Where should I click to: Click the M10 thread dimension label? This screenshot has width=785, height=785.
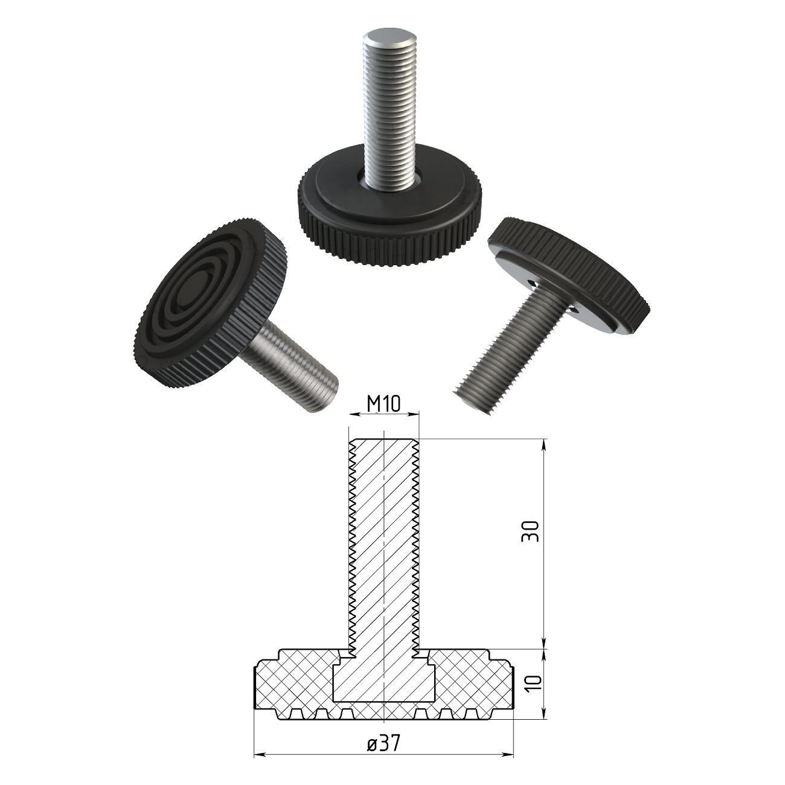[x=383, y=404]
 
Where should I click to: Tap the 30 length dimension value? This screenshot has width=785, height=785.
[x=530, y=531]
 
